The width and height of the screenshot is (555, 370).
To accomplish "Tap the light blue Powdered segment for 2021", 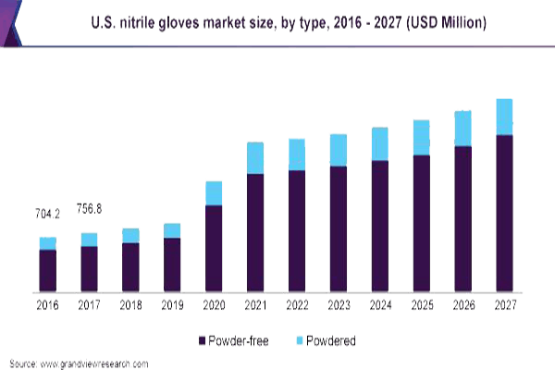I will click(255, 157).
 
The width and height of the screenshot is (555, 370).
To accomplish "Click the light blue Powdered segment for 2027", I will click(504, 117).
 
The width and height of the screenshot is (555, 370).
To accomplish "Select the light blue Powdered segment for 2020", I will click(214, 192).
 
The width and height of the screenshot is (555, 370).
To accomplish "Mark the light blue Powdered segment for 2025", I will click(421, 137).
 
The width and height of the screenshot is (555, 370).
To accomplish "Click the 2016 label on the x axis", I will click(47, 305).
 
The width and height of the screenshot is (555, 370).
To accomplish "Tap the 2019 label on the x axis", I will click(172, 305).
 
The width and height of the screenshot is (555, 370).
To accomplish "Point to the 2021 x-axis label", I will click(255, 305).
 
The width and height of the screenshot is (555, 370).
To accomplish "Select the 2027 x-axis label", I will click(504, 305).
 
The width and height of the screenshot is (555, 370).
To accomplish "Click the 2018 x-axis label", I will click(130, 305).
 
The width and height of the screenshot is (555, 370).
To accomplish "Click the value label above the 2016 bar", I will click(47, 215).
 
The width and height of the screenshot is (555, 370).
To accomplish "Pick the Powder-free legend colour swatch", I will click(202, 340).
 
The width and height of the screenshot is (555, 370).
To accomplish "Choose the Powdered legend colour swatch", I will click(298, 340).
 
